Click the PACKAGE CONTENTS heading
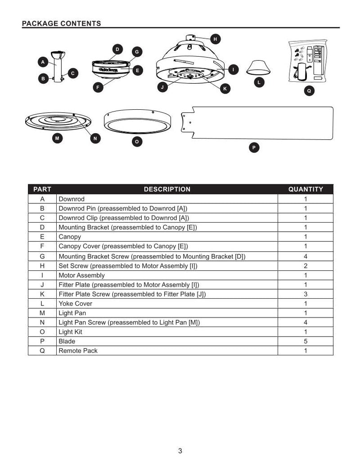tap(61, 23)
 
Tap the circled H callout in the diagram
tap(215, 40)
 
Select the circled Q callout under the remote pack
tap(309, 91)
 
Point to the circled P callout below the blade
tap(254, 147)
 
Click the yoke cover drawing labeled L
tap(258, 67)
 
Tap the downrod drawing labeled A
tap(56, 67)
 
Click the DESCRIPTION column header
tap(167, 189)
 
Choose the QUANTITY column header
tap(306, 189)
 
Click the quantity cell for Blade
tap(306, 341)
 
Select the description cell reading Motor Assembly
tap(81, 275)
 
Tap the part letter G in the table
tap(42, 256)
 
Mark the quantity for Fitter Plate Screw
tap(306, 294)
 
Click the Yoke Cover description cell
tap(75, 304)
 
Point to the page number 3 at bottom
tap(180, 451)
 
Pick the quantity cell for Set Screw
tap(306, 266)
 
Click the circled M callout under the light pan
tap(57, 139)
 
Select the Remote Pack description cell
tap(78, 351)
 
